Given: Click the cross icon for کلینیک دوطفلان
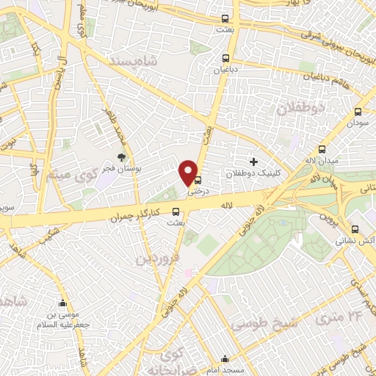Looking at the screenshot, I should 254,162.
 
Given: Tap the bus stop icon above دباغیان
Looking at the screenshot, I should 226,59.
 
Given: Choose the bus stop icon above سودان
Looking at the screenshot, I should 358,112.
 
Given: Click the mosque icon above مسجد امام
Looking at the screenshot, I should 225,360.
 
